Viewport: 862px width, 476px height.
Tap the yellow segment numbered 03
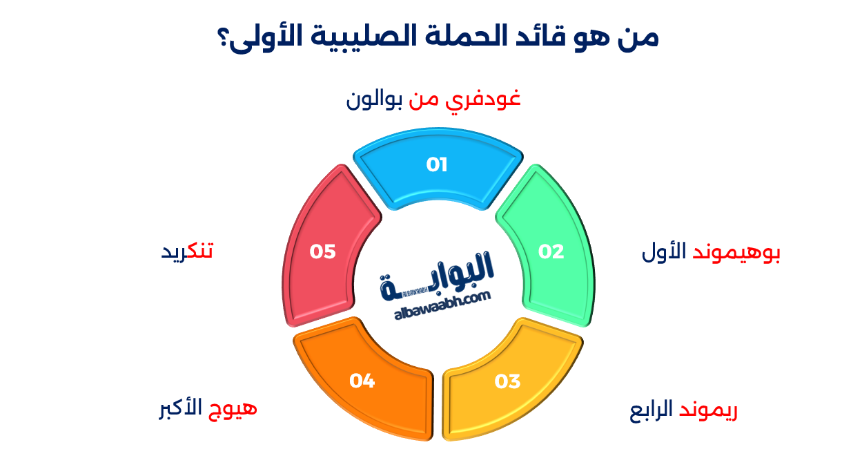click(508, 383)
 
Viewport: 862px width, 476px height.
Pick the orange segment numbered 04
click(363, 382)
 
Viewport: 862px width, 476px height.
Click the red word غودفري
click(486, 99)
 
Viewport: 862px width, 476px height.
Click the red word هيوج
click(233, 408)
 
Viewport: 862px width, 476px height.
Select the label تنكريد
click(187, 251)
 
